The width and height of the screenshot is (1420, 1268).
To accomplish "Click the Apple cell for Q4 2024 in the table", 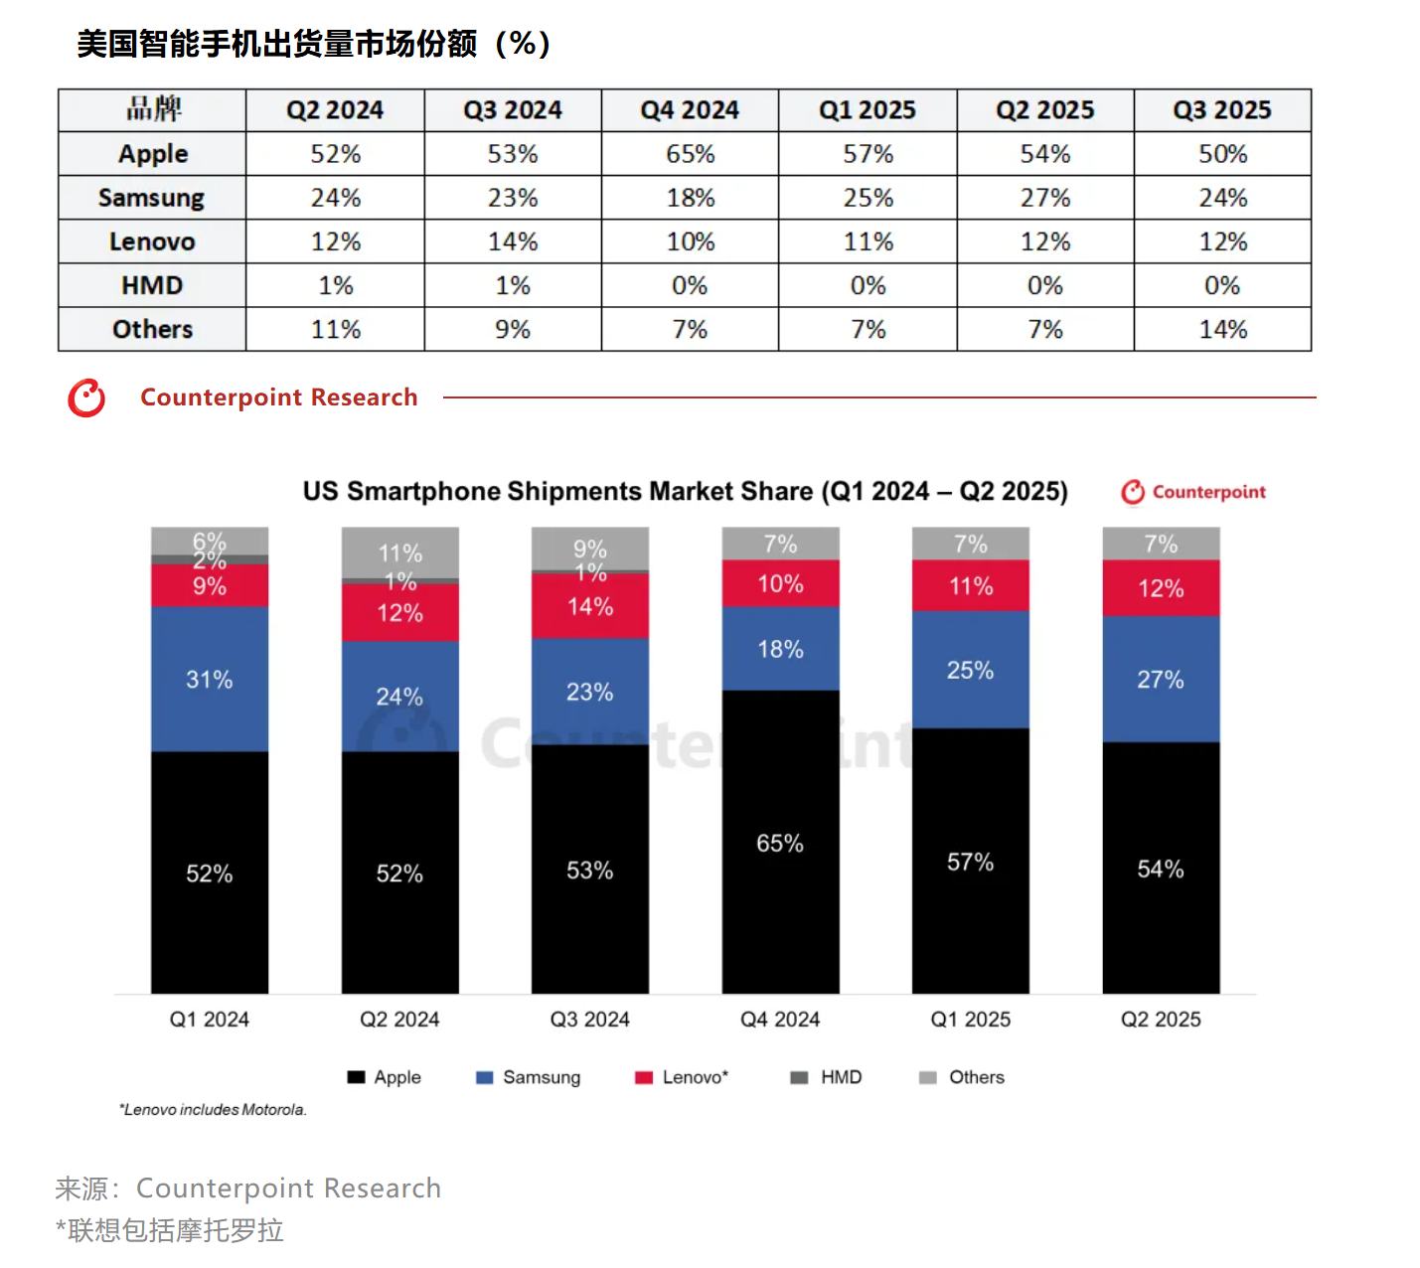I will pos(690,154).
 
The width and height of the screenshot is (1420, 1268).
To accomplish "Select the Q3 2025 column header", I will pos(1222,110).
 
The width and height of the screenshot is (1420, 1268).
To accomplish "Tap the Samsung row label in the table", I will pos(151,198).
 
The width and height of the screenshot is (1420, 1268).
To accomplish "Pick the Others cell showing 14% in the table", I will pos(1222,329).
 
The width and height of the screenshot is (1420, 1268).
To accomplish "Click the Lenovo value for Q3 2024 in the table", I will pos(513,241).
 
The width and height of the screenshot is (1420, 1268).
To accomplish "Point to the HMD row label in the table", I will pos(151,285).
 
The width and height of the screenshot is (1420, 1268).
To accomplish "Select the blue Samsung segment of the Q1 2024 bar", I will pos(209,679).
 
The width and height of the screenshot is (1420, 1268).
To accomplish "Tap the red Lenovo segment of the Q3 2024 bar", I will pos(589,606).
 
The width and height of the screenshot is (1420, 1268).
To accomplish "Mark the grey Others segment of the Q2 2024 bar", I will pos(399,552).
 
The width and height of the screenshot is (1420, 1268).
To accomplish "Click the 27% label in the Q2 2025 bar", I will pos(1160,680).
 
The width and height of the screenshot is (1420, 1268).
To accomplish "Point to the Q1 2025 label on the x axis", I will pos(970,1020).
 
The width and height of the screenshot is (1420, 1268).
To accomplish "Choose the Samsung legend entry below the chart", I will pos(529,1077).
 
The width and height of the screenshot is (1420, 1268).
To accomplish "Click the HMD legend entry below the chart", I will pos(827,1077).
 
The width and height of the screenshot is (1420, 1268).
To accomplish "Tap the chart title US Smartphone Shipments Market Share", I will pos(685,492).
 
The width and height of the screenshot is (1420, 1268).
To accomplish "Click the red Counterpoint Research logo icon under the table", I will pos(86,397).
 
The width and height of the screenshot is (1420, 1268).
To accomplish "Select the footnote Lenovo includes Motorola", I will pos(213,1110).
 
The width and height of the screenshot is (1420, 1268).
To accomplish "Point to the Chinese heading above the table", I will pos(313,44).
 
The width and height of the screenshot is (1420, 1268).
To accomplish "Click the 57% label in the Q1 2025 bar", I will pos(970,862).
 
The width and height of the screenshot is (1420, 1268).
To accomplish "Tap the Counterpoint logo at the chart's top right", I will pos(1193,492).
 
